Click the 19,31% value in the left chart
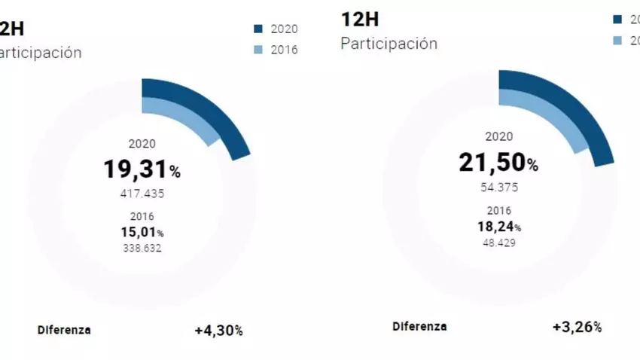[x=142, y=169]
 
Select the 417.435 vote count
[x=142, y=194]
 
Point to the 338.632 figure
[x=142, y=248]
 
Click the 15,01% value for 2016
[x=142, y=232]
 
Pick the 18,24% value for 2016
[x=498, y=226]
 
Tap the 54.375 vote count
[x=498, y=187]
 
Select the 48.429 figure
[x=498, y=243]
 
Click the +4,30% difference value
[x=218, y=330]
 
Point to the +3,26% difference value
[x=577, y=327]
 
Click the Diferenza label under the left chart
[x=64, y=330]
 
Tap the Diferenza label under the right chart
[x=419, y=327]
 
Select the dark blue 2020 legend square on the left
[x=258, y=29]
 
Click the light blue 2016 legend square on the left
[x=258, y=50]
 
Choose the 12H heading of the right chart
[x=360, y=19]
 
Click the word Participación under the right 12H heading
[x=389, y=43]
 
